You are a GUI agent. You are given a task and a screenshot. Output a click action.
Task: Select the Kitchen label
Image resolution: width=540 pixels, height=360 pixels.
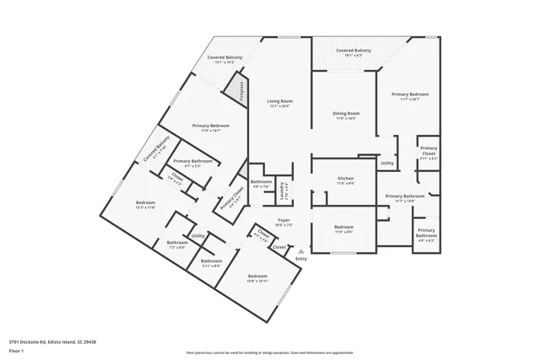tap(345, 179)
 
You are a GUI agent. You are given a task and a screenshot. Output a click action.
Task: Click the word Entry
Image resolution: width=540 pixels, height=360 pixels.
tap(300, 258)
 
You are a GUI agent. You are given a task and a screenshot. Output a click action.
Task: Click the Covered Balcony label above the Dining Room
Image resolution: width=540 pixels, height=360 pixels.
tap(353, 51)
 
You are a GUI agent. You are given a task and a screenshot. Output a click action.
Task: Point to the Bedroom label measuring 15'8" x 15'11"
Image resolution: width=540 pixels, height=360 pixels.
tap(257, 277)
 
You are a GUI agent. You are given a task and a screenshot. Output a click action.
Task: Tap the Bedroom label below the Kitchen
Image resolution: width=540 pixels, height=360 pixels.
tap(343, 228)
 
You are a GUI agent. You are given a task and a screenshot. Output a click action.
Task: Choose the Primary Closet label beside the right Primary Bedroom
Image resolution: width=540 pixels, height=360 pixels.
tap(429, 152)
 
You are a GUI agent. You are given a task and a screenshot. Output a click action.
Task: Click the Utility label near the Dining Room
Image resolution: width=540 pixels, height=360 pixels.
tap(387, 164)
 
